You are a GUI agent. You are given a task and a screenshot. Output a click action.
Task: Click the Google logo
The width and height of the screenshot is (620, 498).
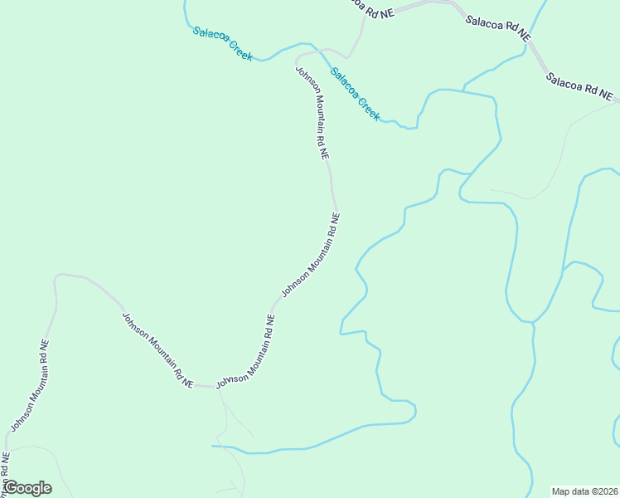(27, 488)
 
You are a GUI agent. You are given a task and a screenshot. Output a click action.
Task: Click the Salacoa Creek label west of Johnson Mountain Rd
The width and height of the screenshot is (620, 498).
(222, 43)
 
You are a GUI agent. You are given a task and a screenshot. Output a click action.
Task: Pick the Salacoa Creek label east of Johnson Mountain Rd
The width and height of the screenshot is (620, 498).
(355, 94)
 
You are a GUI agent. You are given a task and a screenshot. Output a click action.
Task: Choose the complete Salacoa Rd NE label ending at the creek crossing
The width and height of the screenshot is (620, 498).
(497, 27)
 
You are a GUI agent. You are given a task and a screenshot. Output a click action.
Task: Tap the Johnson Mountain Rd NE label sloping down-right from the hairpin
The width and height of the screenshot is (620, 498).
(157, 349)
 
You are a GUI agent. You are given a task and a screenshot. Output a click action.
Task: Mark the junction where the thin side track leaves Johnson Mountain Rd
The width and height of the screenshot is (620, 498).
(220, 388)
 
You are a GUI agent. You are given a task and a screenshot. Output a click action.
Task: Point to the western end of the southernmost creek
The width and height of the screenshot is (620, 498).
(212, 446)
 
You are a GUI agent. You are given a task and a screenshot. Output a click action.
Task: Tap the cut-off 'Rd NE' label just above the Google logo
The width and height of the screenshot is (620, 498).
(6, 465)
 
